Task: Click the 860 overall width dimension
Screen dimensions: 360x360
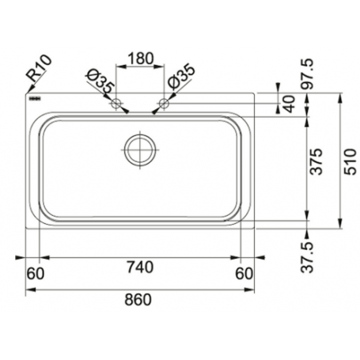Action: click(x=139, y=301)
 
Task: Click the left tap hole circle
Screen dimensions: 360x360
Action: click(x=116, y=104)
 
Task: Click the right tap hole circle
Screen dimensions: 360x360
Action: click(x=165, y=103)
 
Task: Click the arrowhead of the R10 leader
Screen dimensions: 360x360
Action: click(x=27, y=92)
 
